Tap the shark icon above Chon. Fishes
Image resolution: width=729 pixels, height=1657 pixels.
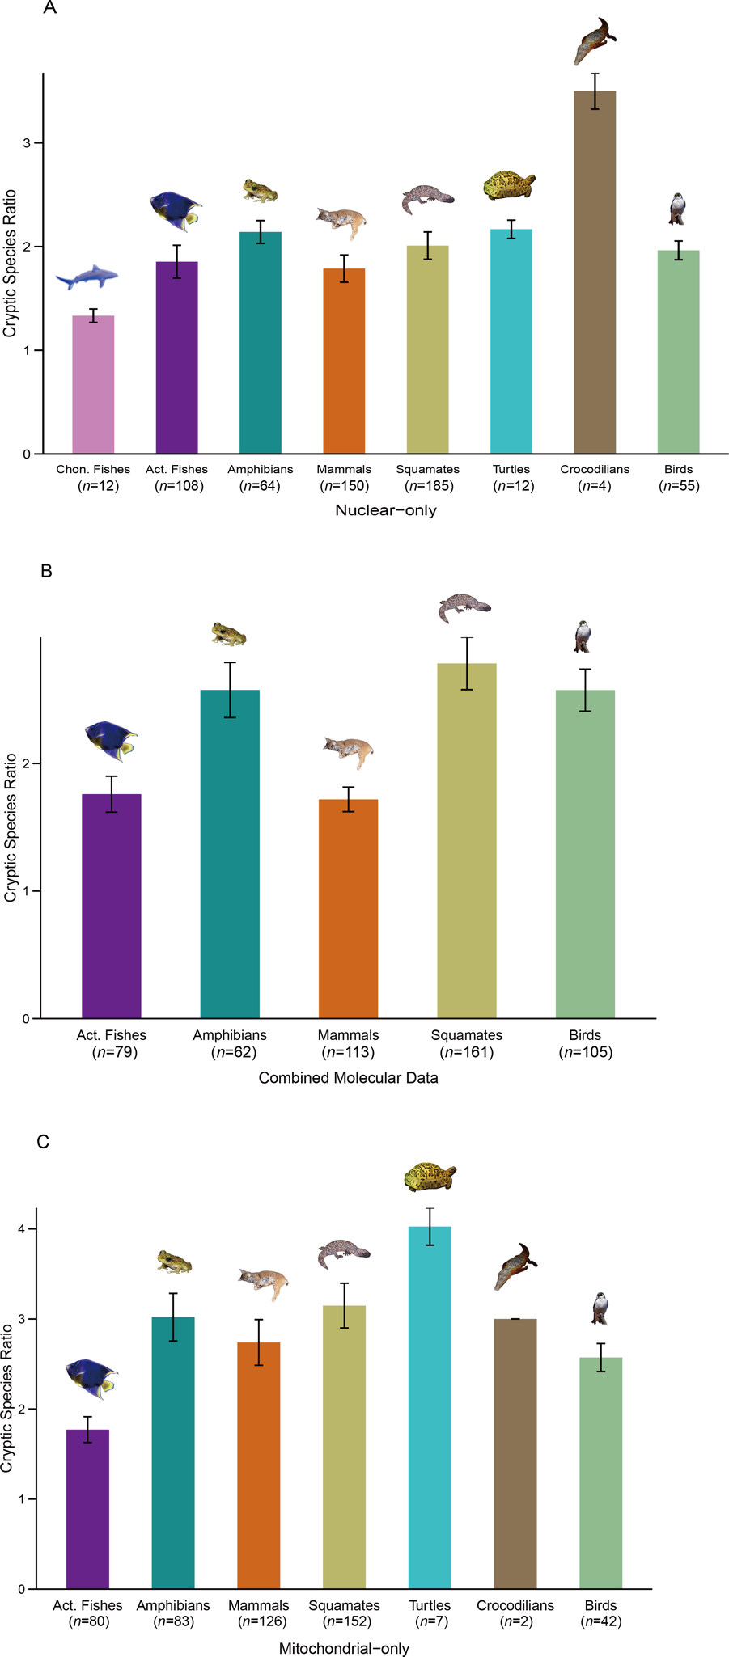pyautogui.click(x=87, y=278)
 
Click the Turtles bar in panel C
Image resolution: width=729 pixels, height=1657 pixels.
pyautogui.click(x=430, y=1407)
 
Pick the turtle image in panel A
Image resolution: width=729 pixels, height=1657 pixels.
pyautogui.click(x=509, y=186)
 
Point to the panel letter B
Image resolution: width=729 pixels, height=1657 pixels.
pyautogui.click(x=46, y=571)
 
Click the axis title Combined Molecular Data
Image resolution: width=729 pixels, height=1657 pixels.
pyautogui.click(x=348, y=1077)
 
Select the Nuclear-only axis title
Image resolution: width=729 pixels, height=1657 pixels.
pyautogui.click(x=386, y=510)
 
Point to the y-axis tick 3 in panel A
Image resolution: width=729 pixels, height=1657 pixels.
pyautogui.click(x=27, y=143)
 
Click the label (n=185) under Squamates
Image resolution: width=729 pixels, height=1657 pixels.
pyautogui.click(x=429, y=486)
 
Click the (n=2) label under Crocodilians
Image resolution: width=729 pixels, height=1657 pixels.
pyautogui.click(x=515, y=1621)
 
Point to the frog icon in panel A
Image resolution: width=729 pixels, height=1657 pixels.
pyautogui.click(x=261, y=191)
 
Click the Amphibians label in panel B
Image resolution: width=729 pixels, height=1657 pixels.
pyautogui.click(x=230, y=1035)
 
